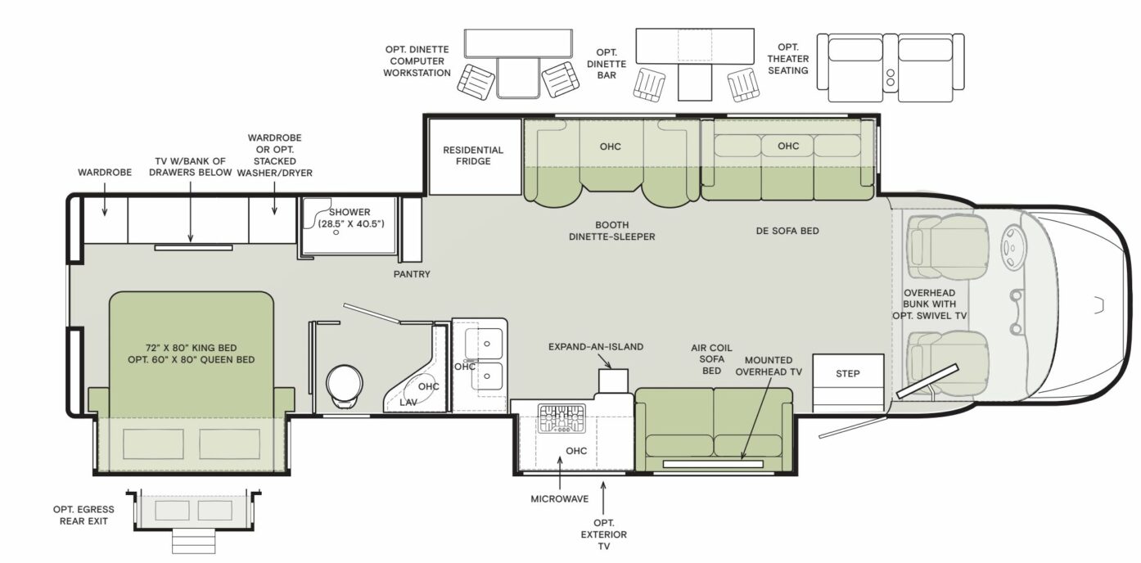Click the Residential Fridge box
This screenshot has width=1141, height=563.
click(474, 156)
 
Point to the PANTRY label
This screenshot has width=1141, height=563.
click(411, 274)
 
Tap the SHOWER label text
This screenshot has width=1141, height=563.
click(350, 212)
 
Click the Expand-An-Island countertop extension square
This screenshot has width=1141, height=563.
click(613, 380)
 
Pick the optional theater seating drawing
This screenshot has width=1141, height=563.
click(895, 68)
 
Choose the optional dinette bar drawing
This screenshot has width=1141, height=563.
click(694, 65)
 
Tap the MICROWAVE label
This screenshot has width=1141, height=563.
click(559, 498)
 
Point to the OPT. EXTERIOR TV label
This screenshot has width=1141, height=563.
click(604, 534)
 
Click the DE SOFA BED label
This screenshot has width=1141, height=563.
click(787, 231)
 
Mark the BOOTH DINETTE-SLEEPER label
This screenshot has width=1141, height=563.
click(612, 231)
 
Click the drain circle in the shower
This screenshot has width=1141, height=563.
click(336, 232)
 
